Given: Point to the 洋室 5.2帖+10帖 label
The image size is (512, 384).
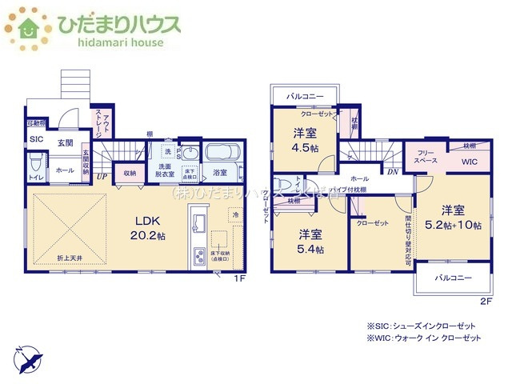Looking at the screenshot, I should pos(452,218).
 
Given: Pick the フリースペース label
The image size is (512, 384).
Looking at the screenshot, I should pos(425,156).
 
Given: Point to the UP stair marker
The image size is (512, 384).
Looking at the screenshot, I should pos(102,178).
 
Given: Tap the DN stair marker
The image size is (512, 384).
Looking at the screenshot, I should pos(393,171).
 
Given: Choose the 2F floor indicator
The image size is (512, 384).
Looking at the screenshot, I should pos(486,301).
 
